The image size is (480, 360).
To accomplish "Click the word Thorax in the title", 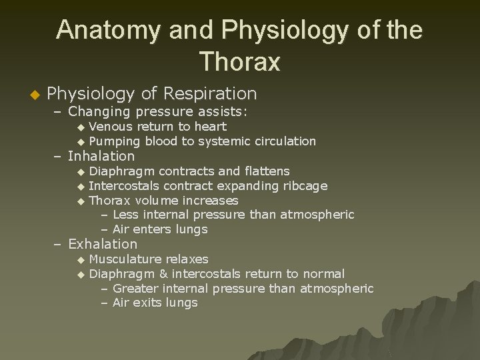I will (x=239, y=61).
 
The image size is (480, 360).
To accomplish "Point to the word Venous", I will (x=111, y=127).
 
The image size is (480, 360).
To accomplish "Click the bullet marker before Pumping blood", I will (x=81, y=142).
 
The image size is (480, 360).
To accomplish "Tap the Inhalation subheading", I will (x=101, y=157).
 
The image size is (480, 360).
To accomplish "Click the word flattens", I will (x=265, y=171).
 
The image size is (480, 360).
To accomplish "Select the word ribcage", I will (x=305, y=186).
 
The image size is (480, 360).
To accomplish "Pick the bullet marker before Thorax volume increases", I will (x=81, y=201).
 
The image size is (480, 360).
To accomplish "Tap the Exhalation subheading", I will (x=103, y=245).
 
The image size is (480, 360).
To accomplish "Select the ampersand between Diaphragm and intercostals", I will (x=163, y=273).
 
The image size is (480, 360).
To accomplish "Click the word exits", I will (x=147, y=303).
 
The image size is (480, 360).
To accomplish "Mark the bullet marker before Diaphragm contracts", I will (x=81, y=172).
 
